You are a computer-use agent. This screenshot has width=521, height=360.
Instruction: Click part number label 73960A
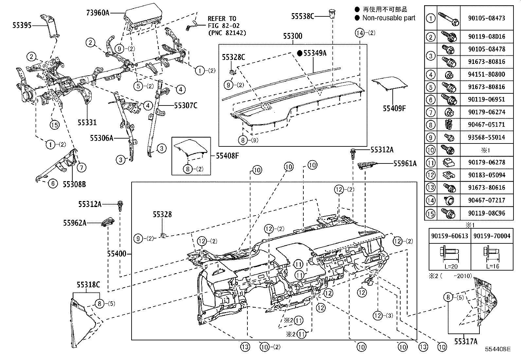click(98, 13)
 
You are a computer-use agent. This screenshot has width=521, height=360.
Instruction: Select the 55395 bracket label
click(22, 25)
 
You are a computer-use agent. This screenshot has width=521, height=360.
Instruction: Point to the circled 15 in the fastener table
click(431, 214)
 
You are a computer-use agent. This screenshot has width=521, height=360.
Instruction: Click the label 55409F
click(394, 108)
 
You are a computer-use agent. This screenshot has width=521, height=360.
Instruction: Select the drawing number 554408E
click(498, 349)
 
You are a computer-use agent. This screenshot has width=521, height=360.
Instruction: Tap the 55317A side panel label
click(465, 342)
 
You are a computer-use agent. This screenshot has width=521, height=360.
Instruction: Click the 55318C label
click(88, 285)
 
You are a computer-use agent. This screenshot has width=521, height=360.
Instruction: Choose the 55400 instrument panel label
click(116, 254)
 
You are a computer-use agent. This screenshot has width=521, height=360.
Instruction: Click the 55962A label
click(75, 223)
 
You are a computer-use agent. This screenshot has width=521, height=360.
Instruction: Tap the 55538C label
click(302, 16)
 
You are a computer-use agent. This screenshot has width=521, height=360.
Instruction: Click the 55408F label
click(227, 156)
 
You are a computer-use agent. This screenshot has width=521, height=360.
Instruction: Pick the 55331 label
click(87, 123)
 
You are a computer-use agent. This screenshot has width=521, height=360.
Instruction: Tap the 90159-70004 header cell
click(492, 236)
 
